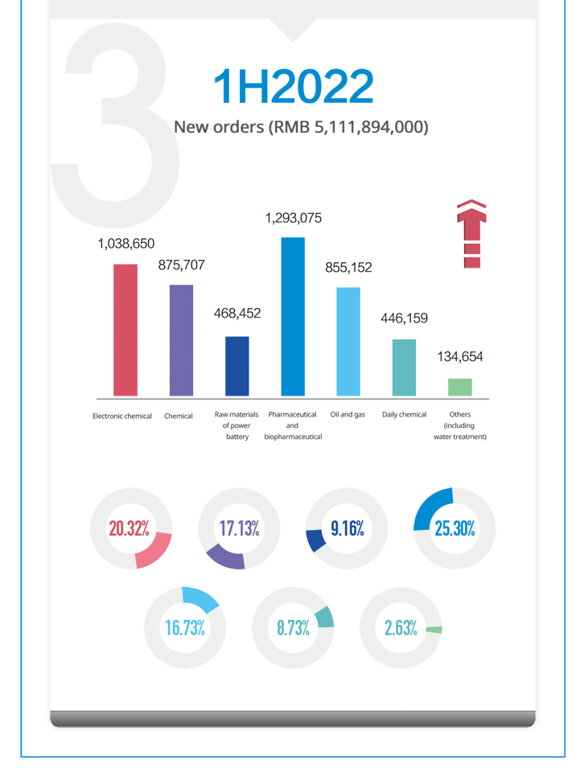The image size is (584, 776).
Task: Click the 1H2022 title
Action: (293, 86)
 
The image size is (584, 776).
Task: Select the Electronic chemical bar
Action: (125, 330)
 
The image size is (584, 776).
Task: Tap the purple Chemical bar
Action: (181, 340)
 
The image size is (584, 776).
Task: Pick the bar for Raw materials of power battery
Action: (236, 366)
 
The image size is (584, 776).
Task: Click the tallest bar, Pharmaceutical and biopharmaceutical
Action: (293, 316)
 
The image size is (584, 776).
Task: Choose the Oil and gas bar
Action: (348, 342)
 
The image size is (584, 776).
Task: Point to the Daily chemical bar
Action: (404, 367)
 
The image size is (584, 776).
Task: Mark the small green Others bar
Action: (459, 387)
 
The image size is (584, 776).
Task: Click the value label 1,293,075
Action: (293, 217)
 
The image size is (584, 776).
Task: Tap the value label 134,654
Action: (460, 357)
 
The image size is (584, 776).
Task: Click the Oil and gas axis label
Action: (348, 415)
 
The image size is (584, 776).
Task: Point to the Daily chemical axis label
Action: (404, 415)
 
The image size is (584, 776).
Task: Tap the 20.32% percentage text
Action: (130, 528)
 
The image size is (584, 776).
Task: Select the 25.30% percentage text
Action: (454, 528)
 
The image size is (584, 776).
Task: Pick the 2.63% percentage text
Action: (400, 628)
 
